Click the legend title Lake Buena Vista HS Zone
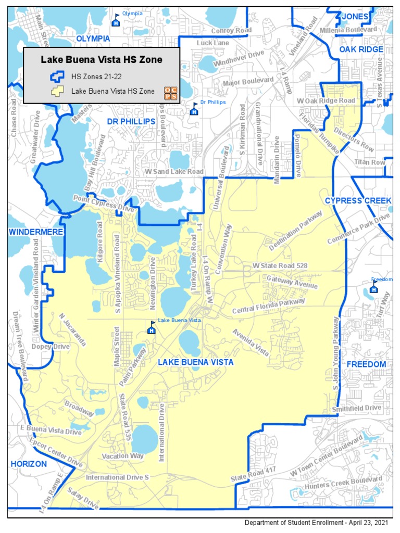[102, 60]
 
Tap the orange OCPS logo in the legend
[170, 92]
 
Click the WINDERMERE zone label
[35, 231]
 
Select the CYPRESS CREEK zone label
[357, 201]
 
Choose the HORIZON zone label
[29, 464]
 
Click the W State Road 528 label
[280, 265]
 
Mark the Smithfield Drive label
[357, 408]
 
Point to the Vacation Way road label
[123, 456]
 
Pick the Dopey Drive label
[50, 346]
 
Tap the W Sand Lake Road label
[174, 171]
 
